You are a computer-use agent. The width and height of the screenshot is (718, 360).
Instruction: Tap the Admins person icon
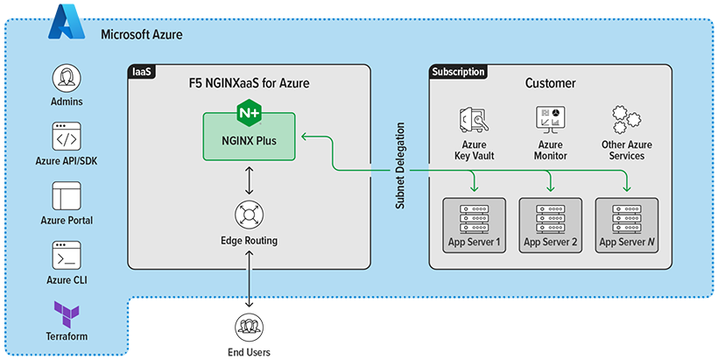point(67,79)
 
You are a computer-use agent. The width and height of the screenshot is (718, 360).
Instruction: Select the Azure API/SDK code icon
point(67,138)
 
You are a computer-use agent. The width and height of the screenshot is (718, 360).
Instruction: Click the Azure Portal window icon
point(67,195)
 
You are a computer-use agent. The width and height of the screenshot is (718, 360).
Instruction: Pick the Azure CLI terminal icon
point(67,255)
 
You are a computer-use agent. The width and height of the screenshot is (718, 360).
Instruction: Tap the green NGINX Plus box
point(250,137)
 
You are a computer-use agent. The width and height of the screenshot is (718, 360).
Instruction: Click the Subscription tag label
point(459,70)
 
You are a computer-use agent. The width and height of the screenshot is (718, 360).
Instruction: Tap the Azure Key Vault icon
point(474,120)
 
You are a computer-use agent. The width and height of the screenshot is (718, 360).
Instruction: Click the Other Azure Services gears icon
point(627,120)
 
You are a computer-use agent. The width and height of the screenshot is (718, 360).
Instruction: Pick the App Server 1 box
point(474,225)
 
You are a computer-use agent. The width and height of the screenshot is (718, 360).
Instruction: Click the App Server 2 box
point(550,225)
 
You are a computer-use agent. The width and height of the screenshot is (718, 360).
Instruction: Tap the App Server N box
point(627,225)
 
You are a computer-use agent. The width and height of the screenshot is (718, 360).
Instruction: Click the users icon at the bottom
point(250,329)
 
